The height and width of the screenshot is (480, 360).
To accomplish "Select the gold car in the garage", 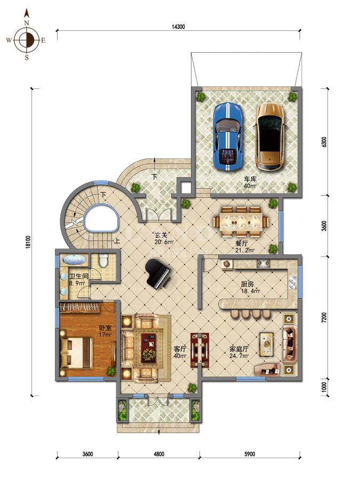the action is tap(270, 137).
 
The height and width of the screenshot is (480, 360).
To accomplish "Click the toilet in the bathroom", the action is tap(103, 260).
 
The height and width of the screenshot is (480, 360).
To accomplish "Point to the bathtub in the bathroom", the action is tap(74, 260).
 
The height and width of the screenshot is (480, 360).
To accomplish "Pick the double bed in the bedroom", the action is tap(76, 353).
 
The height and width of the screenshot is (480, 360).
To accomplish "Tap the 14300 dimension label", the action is tap(178, 27).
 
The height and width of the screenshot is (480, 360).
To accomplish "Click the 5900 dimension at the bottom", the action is tap(250, 454).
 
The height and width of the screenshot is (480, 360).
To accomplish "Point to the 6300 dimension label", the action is tap(324, 142).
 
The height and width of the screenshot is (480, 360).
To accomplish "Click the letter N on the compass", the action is tap(27, 22).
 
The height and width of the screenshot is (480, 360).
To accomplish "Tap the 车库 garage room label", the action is tap(250, 179).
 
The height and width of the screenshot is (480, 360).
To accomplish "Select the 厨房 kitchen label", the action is tap(247, 284).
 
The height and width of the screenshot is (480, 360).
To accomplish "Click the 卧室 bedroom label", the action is tap(105, 328).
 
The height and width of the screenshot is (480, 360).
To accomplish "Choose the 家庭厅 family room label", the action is tap(239, 349).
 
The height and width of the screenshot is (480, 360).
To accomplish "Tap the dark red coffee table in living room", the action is tap(149, 348).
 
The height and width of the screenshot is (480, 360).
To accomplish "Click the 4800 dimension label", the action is tap(159, 454).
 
